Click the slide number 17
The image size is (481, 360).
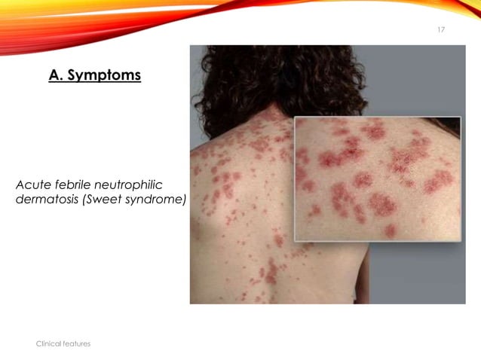click(x=441, y=29)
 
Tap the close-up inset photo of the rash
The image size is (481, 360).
click(x=377, y=179)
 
